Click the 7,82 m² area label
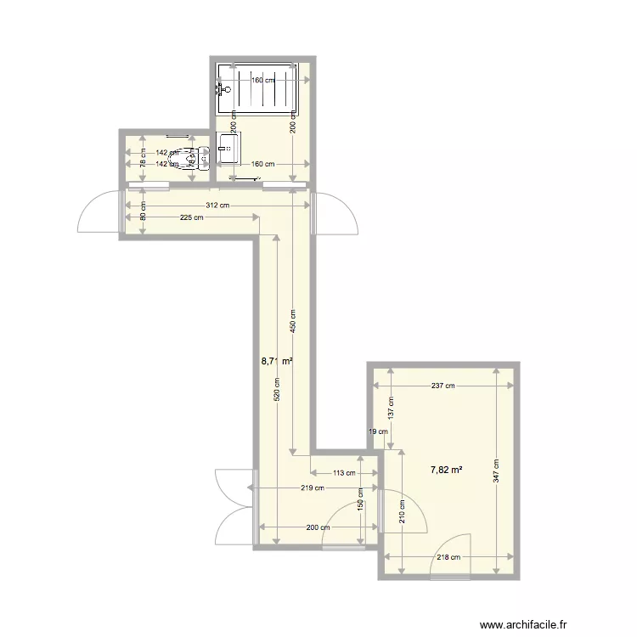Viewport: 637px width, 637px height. click(446, 470)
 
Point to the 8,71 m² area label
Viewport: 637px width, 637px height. click(277, 361)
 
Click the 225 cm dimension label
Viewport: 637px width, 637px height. click(192, 218)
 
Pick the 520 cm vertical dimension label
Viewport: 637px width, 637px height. click(277, 392)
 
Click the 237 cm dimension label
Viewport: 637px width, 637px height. click(443, 386)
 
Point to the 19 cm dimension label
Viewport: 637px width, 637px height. click(378, 431)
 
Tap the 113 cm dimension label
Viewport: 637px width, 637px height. click(344, 473)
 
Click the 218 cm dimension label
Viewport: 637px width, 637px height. click(448, 557)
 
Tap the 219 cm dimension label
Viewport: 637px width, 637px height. click(313, 488)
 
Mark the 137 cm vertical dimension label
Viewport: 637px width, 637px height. click(391, 408)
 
